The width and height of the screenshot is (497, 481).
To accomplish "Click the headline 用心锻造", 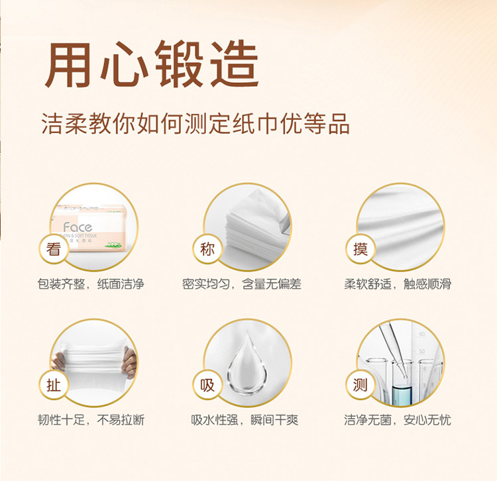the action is (152, 64).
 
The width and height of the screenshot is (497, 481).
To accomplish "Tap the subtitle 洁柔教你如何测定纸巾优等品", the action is (195, 123).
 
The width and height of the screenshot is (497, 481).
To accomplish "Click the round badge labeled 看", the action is (54, 248).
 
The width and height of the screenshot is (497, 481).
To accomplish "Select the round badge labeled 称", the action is (207, 248).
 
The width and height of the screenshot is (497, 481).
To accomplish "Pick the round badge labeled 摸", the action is (360, 248).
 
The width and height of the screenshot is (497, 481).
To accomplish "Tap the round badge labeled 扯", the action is (54, 386).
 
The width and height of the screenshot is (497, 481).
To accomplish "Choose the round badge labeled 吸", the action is (207, 386).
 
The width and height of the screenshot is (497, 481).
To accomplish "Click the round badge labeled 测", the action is (360, 386).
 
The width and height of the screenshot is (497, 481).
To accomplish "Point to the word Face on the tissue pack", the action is (78, 227).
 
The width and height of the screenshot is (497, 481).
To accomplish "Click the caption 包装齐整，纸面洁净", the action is (91, 284).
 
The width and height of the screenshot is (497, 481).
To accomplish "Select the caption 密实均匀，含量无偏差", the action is (241, 284).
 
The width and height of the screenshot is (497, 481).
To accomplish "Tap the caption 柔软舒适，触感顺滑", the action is (398, 284).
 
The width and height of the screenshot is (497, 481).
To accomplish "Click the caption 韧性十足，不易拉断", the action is (91, 420).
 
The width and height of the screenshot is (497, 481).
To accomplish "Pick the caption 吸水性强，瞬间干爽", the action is (245, 420).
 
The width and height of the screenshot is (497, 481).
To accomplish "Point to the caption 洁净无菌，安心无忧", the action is (398, 420).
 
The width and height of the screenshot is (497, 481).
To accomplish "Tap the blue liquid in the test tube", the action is (402, 394).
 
